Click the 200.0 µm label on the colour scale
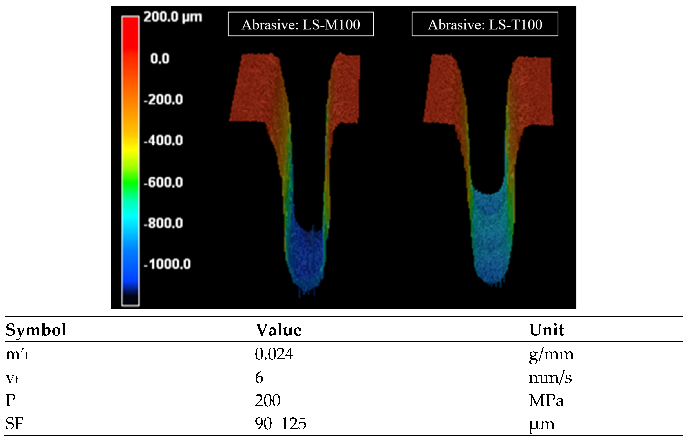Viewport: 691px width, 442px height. point(173,17)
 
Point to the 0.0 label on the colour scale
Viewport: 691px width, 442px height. point(160,59)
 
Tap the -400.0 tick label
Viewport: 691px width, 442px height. point(163,141)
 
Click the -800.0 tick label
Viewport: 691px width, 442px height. point(163,223)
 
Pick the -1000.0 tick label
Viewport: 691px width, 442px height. point(167,264)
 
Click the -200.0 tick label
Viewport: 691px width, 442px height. point(163,100)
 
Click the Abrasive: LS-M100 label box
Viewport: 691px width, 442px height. point(301,24)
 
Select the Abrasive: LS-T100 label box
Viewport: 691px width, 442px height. point(485,24)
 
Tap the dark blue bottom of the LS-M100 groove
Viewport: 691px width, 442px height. point(306,256)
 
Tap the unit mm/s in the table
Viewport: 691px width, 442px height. point(550,377)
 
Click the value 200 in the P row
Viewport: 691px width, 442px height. point(267,400)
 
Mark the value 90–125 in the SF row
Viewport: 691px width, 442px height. point(280,424)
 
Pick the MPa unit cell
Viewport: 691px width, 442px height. point(546,400)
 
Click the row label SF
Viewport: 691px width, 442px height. point(14,424)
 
